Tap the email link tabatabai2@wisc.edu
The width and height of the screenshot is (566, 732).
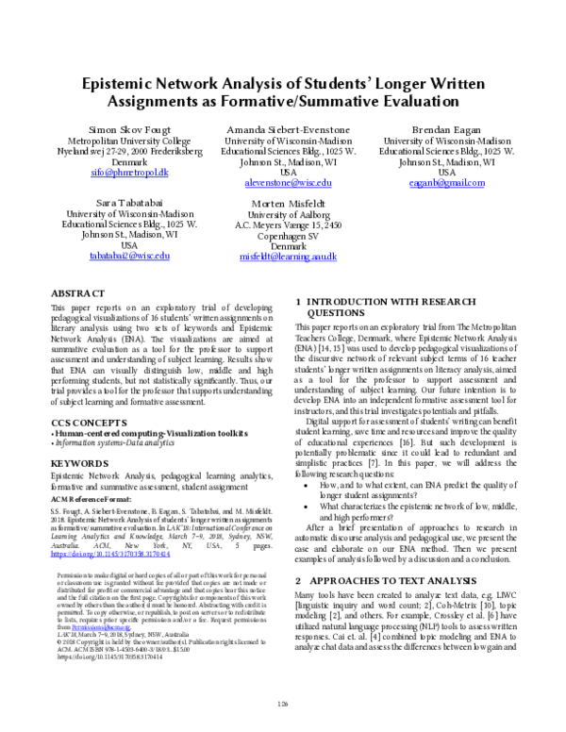pos(130,256)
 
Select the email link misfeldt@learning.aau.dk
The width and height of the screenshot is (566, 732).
pos(288,256)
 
